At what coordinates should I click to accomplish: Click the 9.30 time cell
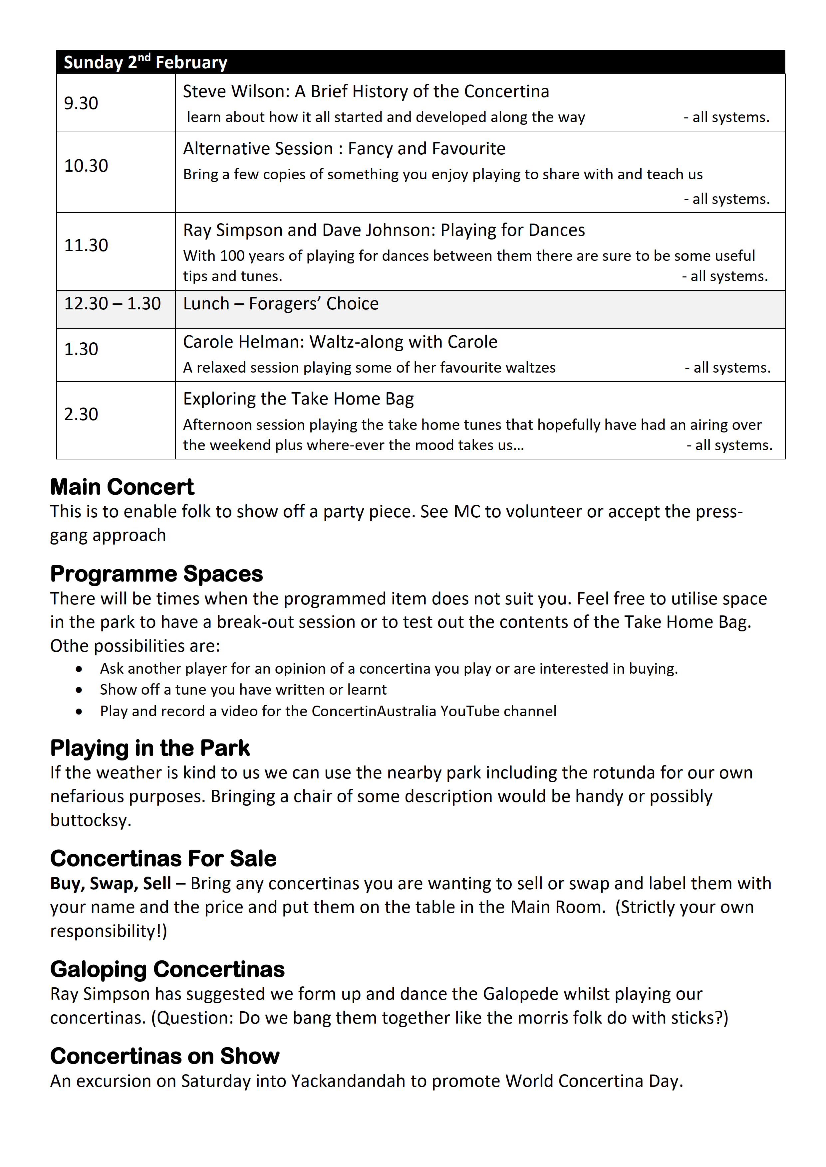pyautogui.click(x=81, y=103)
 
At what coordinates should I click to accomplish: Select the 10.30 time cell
pyautogui.click(x=86, y=166)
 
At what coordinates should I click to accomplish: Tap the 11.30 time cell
pyautogui.click(x=86, y=245)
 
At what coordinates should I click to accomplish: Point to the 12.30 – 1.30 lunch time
pyautogui.click(x=113, y=303)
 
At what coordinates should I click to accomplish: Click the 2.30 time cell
pyautogui.click(x=81, y=414)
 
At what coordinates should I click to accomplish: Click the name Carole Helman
pyautogui.click(x=241, y=342)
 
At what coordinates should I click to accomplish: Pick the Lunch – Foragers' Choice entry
pyautogui.click(x=281, y=303)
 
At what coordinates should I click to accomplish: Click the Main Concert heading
pyautogui.click(x=122, y=487)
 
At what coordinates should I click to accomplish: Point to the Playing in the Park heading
pyautogui.click(x=150, y=748)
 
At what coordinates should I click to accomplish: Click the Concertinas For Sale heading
pyautogui.click(x=163, y=859)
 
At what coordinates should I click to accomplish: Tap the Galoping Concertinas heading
pyautogui.click(x=167, y=969)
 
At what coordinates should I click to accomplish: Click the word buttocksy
pyautogui.click(x=91, y=820)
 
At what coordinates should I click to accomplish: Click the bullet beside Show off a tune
pyautogui.click(x=79, y=690)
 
